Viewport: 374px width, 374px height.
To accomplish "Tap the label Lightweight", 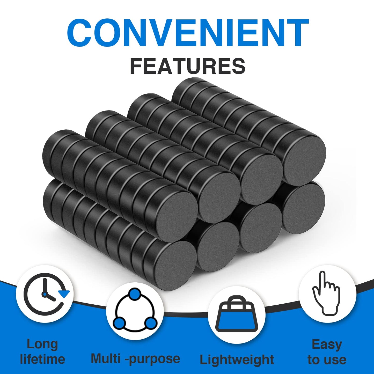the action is (237, 360).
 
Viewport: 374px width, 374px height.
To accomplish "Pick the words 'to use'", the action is (327, 360).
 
